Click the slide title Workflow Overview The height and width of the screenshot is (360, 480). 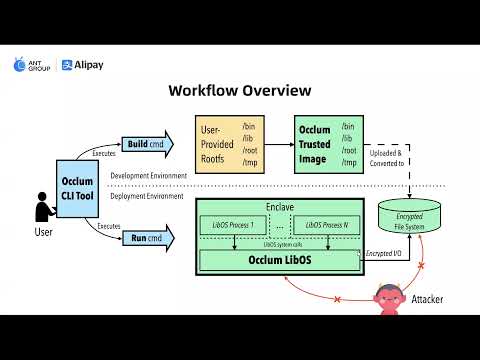pos(239,91)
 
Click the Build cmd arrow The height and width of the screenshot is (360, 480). pos(147,144)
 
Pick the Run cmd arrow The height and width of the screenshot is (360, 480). pos(147,239)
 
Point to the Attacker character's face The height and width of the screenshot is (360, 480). pos(388,295)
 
